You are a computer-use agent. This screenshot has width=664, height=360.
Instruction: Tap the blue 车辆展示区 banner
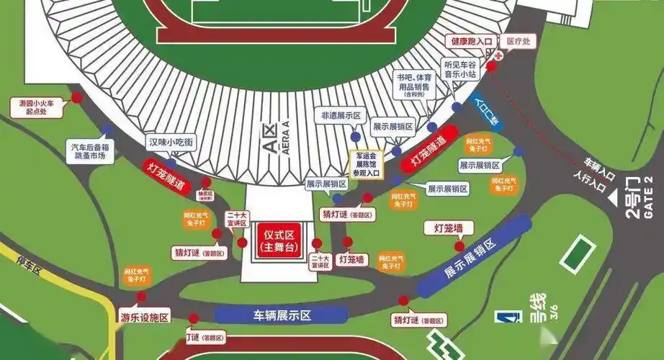click(282, 315)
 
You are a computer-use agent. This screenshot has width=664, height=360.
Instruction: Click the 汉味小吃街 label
click(170, 143)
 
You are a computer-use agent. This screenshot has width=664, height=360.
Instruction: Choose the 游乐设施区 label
click(144, 317)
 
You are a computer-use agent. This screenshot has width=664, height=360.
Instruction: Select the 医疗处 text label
click(518, 42)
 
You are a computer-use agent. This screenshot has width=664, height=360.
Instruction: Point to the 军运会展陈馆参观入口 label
click(365, 163)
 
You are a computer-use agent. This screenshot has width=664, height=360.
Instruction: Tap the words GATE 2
click(654, 192)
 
